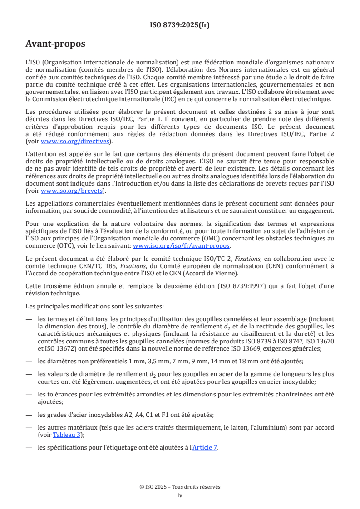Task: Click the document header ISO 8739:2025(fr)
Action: click(x=180, y=25)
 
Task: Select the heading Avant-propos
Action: click(x=55, y=44)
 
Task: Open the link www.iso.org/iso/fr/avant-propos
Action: click(x=181, y=245)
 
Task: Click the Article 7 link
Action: click(x=205, y=447)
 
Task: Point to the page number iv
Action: click(x=180, y=495)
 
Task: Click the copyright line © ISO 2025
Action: click(x=180, y=487)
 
